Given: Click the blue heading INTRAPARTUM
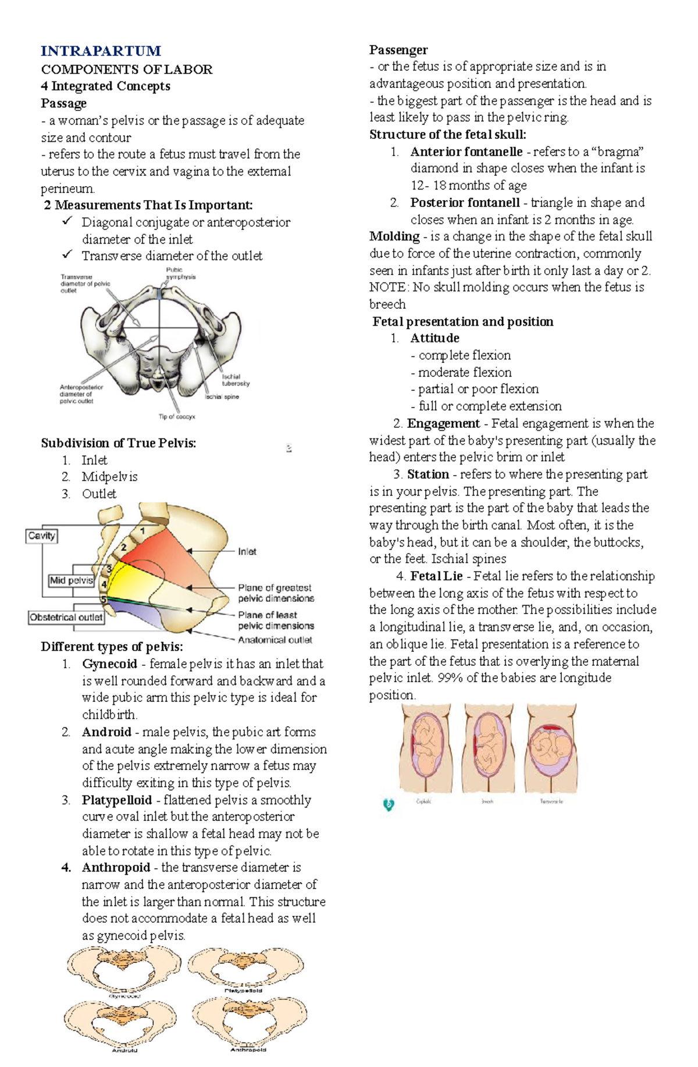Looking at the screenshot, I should pos(101,51).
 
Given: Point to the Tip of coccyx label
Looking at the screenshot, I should pos(177,416).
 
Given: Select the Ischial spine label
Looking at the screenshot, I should pos(222,397).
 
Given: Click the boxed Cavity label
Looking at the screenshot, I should pos(42,536).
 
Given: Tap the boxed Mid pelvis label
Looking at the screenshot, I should pos(71,580).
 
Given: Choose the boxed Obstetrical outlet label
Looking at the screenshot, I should pos(66,617).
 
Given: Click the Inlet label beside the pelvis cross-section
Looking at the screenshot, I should pos(247,551).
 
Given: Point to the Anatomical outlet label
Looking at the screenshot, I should pos(275,640).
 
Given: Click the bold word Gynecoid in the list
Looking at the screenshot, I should pos(109,663).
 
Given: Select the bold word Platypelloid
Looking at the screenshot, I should pos(116,800).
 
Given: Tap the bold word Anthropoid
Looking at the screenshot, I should pos(116,868).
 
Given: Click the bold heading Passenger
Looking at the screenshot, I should pos(398,50).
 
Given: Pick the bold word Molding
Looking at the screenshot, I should pos(394,236).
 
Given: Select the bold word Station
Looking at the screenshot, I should pos(428,474).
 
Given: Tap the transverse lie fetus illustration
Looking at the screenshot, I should pos(550,748).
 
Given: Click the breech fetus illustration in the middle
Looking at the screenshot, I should pos(487,748).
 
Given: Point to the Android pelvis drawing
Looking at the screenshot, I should pos(124,1023).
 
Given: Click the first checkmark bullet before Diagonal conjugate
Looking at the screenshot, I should pos(68,222).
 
